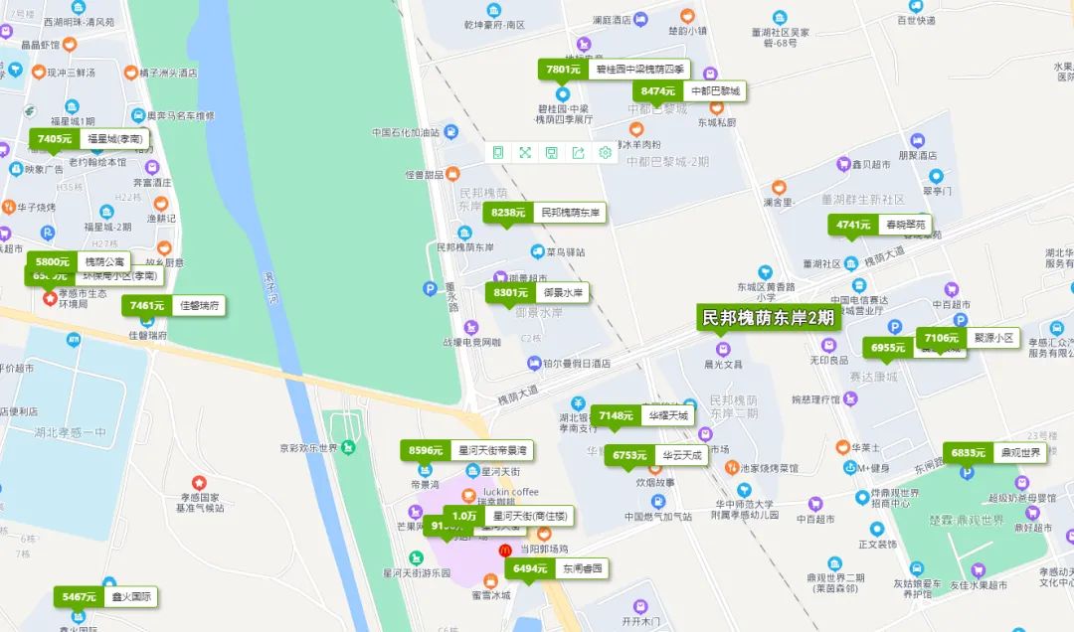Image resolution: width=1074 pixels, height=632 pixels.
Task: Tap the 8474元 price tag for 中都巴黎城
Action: (x=657, y=90)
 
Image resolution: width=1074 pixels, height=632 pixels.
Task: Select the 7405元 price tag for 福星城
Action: (x=54, y=139)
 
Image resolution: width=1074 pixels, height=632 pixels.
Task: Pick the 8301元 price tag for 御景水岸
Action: (x=510, y=292)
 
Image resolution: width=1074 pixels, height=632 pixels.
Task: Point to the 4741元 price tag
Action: (x=853, y=225)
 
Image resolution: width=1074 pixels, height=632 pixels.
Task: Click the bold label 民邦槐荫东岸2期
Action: (x=768, y=319)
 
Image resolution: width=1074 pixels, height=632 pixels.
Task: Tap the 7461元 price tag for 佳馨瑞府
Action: (x=146, y=305)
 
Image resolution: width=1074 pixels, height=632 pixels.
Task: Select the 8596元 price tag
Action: (x=426, y=450)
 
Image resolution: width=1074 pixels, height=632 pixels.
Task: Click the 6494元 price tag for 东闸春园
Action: (x=530, y=568)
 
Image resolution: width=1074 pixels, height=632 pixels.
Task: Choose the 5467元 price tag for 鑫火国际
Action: (x=79, y=596)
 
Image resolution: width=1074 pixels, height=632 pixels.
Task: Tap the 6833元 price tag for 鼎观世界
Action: (x=968, y=453)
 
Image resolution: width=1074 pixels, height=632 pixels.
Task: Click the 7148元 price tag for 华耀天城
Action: (x=616, y=415)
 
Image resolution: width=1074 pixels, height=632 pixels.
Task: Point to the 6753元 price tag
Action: (x=629, y=455)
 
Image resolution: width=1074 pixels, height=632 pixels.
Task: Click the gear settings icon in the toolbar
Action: (x=604, y=152)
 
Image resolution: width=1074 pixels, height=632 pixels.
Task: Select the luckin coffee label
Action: (x=510, y=492)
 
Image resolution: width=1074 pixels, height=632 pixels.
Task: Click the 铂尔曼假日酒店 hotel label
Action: (x=577, y=364)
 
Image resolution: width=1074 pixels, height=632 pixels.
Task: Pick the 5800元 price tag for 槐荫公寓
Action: (x=53, y=261)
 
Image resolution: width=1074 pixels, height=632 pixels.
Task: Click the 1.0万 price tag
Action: (x=464, y=516)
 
